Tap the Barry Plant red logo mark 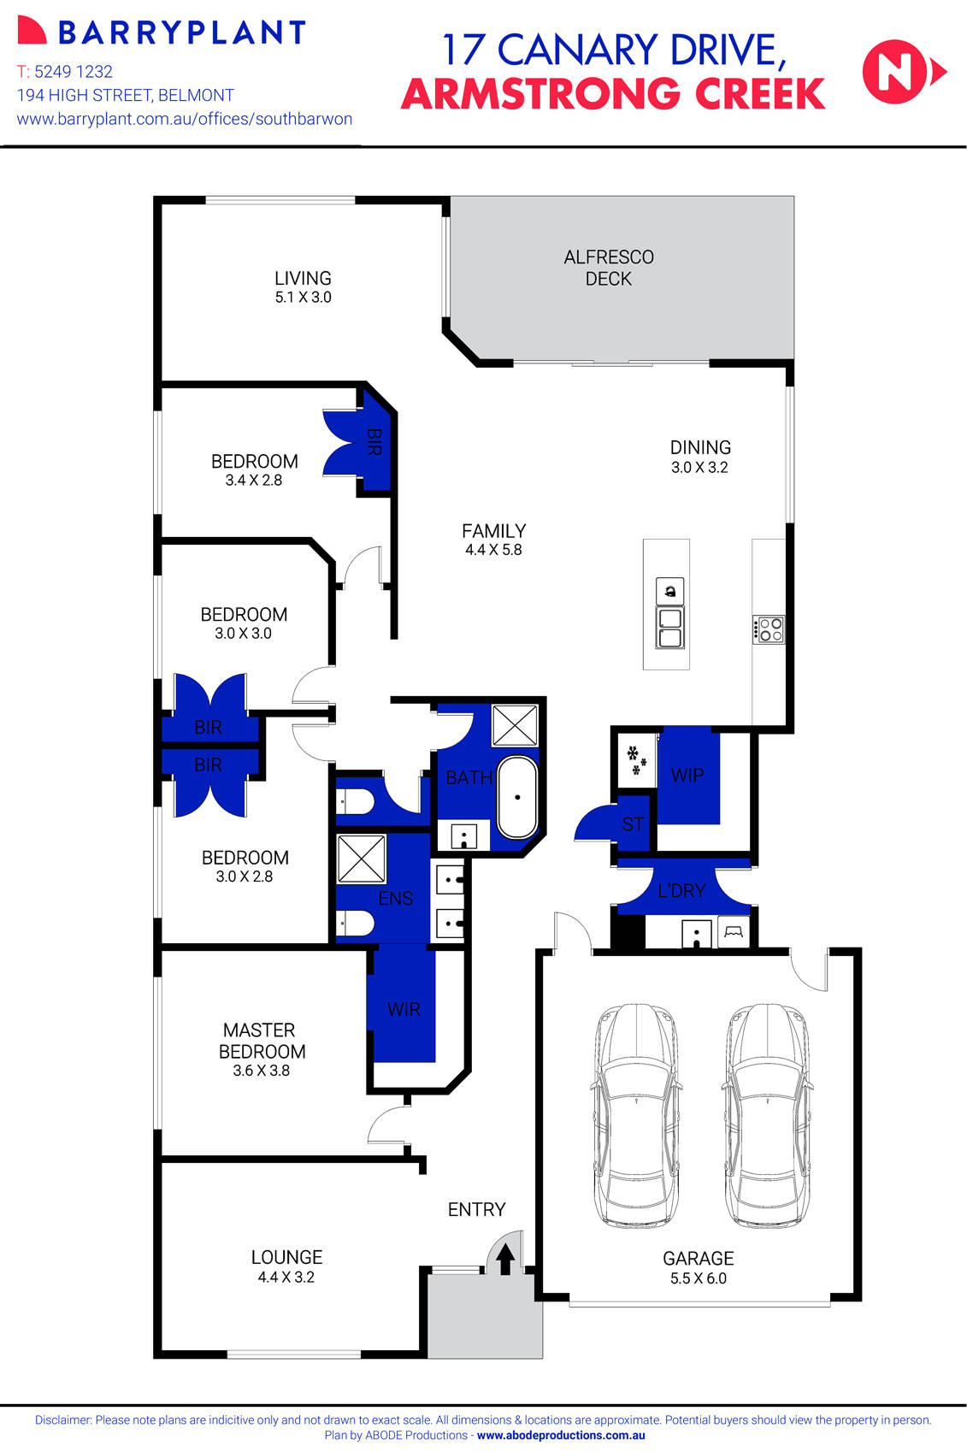point(31,31)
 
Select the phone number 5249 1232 point(74,72)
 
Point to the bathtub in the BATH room point(517,797)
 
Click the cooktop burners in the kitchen point(769,630)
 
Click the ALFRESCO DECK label point(609,268)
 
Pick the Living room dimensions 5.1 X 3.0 point(303,298)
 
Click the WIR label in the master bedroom point(404,1009)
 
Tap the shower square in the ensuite point(362,858)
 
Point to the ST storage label point(633,824)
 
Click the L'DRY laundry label point(681,890)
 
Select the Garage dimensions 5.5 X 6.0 point(698,1278)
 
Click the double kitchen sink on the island point(669,628)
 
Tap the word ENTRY point(476,1209)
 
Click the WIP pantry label point(687,775)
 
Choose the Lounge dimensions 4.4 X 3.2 point(286,1278)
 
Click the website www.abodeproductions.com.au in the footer point(561,1436)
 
